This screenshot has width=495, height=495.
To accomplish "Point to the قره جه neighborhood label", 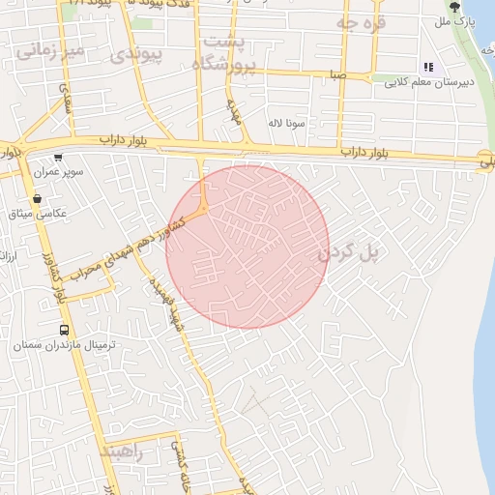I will click(360, 20).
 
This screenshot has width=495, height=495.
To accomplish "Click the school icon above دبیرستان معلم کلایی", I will click(425, 67).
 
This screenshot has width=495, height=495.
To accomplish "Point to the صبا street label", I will click(336, 73).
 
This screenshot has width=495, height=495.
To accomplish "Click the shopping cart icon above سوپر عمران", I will click(59, 158).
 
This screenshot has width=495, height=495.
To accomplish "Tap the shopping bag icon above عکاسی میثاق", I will click(37, 198).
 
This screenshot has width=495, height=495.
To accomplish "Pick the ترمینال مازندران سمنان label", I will click(64, 344).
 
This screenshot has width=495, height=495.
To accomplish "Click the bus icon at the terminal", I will click(65, 330).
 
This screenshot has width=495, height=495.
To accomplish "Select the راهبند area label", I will click(121, 452).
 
